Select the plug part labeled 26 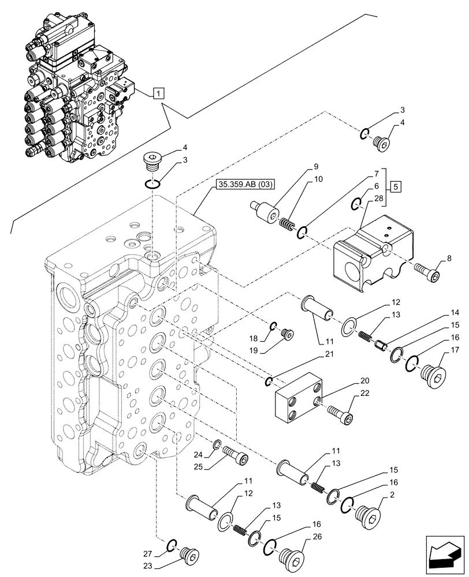click(x=292, y=558)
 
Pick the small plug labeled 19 click(x=286, y=334)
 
